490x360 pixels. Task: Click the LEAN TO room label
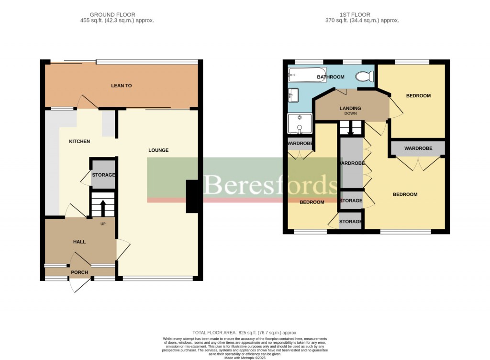pos(121,86)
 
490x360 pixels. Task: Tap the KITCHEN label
pos(79,141)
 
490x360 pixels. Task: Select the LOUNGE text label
pos(158,150)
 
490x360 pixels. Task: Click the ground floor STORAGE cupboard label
pos(103,175)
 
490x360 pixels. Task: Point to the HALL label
pos(79,242)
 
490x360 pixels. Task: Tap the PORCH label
pos(79,273)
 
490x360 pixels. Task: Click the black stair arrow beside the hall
pos(102,207)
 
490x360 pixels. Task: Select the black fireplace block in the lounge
pos(191,196)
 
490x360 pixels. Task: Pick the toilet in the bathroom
pos(366,77)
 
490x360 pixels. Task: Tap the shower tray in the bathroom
pos(299,124)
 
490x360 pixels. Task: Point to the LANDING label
pos(350,108)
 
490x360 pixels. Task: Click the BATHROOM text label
pos(331,77)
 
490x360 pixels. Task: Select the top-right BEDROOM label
pos(418,96)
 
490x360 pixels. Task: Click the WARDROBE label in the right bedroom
pos(418,148)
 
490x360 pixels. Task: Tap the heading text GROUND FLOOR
pos(112,15)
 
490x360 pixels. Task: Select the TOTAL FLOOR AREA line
pos(245,333)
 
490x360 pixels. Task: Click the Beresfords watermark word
pos(270,184)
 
